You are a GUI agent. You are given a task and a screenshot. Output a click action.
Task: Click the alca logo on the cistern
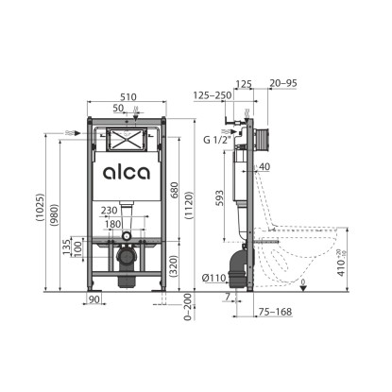click(x=127, y=173)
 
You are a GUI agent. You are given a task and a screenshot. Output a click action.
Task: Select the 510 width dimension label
click(x=128, y=96)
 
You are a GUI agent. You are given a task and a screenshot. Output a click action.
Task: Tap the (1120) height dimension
click(x=189, y=205)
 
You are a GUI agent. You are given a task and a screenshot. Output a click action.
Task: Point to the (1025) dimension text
click(x=41, y=208)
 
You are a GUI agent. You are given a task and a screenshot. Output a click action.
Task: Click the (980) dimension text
click(x=54, y=215)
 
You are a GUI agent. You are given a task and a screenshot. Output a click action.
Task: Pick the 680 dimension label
click(x=174, y=190)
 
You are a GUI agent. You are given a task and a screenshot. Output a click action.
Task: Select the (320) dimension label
click(x=174, y=266)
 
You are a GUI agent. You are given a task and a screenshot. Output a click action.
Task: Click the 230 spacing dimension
click(x=109, y=210)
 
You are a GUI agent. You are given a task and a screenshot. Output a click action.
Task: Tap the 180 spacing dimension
click(x=112, y=224)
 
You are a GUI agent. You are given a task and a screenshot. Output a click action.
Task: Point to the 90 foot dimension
click(x=94, y=298)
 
